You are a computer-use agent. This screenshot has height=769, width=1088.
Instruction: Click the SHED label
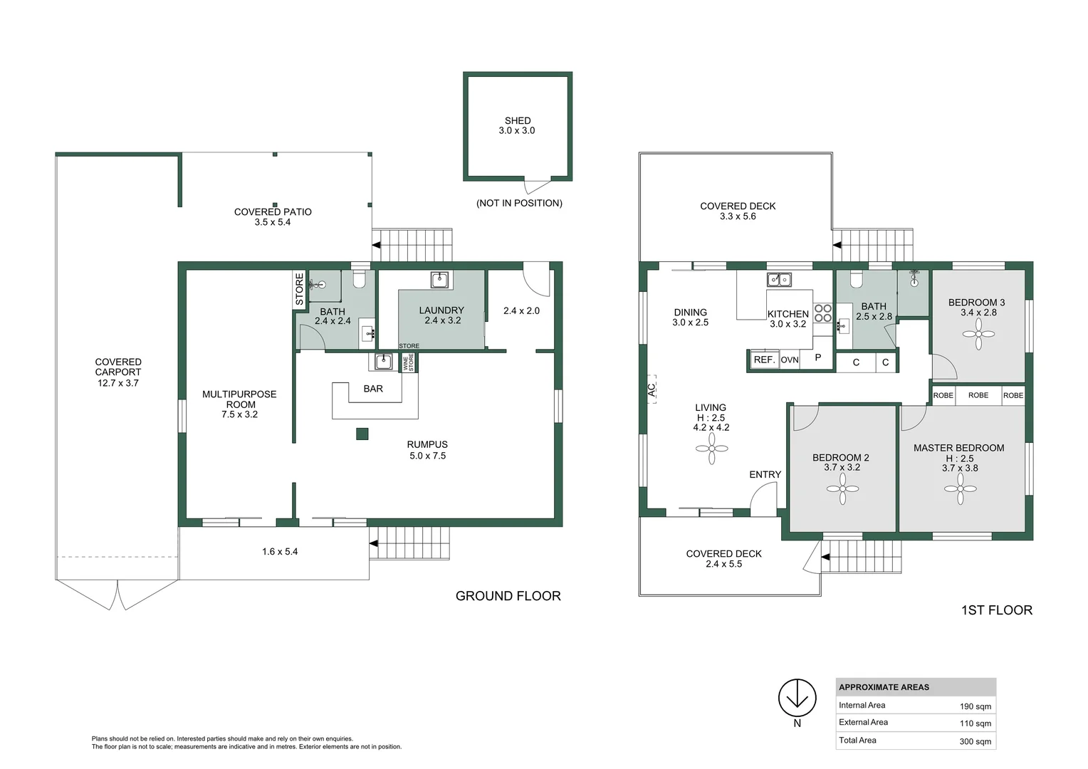(518, 121)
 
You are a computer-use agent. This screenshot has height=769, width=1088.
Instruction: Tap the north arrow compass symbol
(797, 698)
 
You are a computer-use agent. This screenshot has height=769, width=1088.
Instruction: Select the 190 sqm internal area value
(975, 706)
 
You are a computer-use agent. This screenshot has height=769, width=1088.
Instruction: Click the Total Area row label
(857, 741)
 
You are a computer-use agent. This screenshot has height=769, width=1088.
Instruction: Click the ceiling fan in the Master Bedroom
(961, 488)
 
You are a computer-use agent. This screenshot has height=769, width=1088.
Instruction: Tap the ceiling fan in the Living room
(711, 449)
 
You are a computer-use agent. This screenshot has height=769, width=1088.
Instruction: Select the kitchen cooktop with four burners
(822, 313)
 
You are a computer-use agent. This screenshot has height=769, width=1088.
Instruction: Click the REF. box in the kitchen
(764, 360)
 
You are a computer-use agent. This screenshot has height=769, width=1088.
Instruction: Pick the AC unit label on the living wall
(652, 389)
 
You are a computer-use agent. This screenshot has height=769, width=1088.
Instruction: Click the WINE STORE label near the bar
(409, 363)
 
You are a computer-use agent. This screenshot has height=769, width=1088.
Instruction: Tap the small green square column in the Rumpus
(362, 434)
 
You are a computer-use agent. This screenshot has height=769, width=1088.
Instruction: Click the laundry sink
(440, 279)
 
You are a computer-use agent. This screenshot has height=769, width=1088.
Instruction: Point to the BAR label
(373, 389)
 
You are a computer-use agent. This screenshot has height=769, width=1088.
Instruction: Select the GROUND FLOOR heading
(508, 596)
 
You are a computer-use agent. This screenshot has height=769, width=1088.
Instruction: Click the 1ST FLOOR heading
(996, 610)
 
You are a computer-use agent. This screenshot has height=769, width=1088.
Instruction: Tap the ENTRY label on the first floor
(765, 474)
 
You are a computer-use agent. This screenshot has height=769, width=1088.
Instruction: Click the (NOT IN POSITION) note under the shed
(519, 204)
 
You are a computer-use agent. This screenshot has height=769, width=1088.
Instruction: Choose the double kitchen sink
(779, 280)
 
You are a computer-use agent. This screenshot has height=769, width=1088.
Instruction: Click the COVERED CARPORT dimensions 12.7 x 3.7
(118, 383)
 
